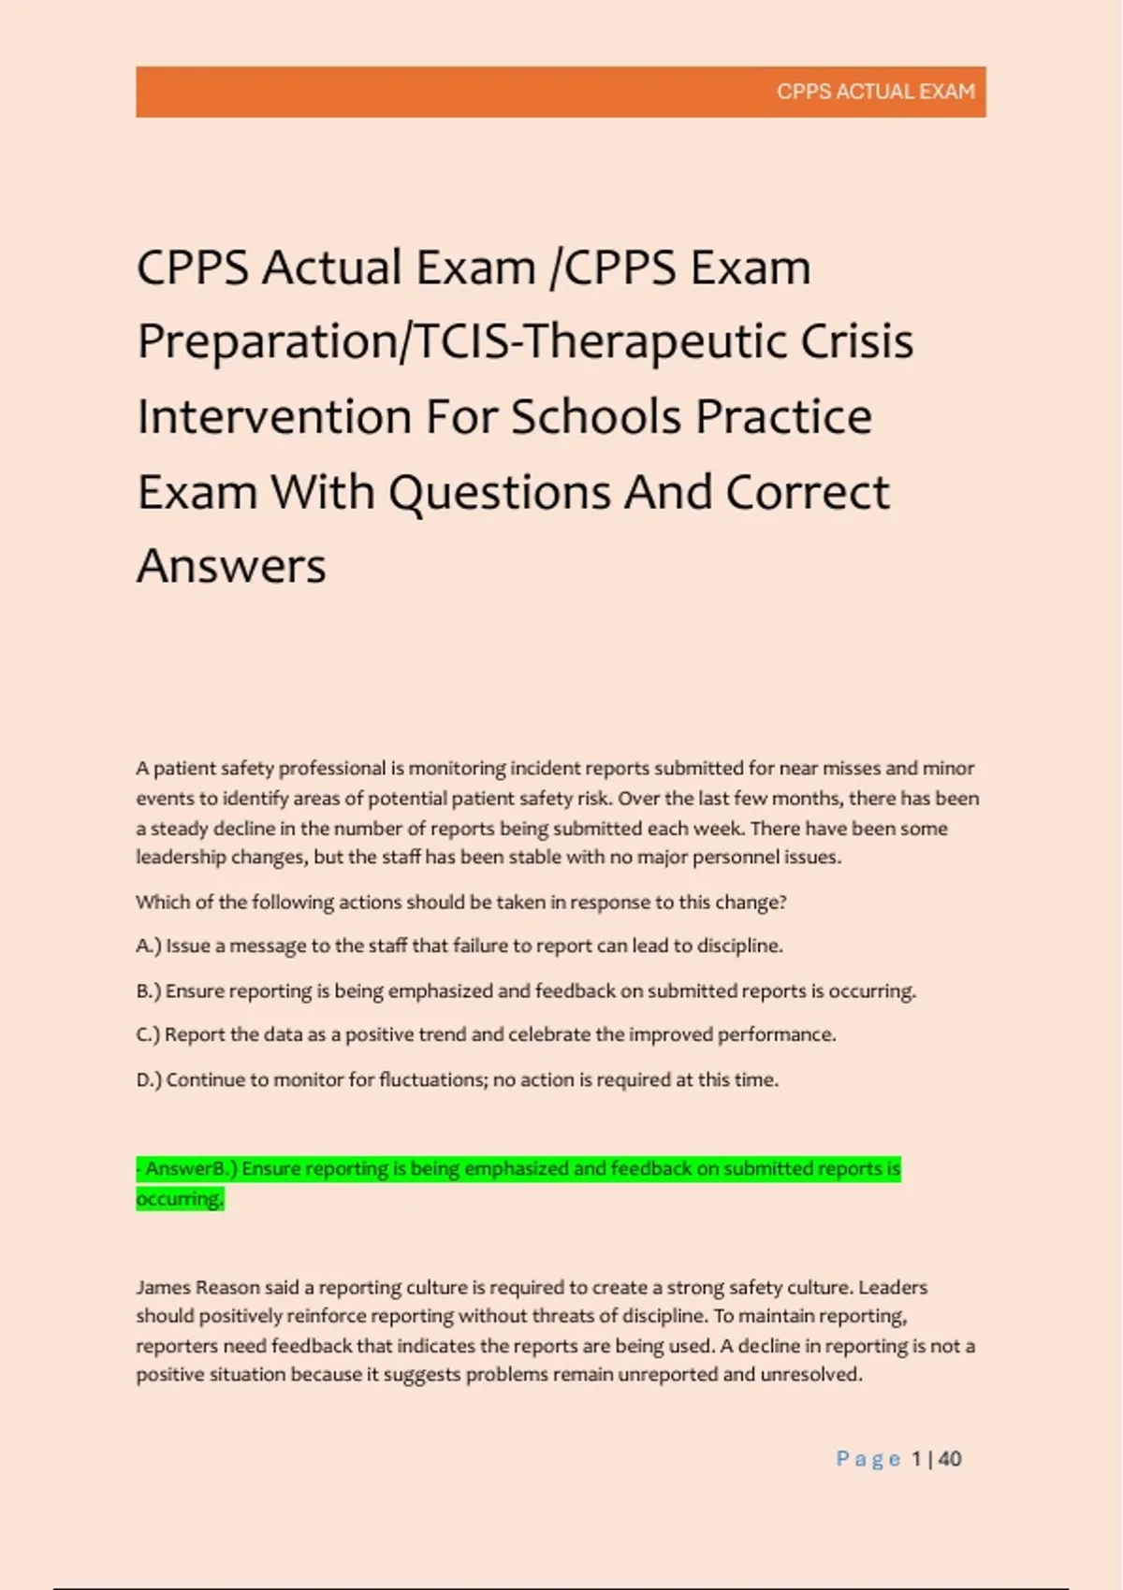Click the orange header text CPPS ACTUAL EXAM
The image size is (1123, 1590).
click(875, 92)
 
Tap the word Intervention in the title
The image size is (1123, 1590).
click(274, 416)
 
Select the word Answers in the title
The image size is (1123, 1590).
click(231, 566)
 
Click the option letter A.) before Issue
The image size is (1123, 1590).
click(149, 946)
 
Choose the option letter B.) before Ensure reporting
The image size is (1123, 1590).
click(149, 990)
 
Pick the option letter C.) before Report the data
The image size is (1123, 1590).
click(149, 1034)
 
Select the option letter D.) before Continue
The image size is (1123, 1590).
click(149, 1079)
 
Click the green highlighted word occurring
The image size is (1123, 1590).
click(180, 1198)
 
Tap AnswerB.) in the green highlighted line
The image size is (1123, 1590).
click(192, 1168)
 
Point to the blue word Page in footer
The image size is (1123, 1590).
click(868, 1459)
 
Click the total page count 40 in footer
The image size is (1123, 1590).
click(950, 1459)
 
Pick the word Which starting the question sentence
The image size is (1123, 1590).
click(160, 902)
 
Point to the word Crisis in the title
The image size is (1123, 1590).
click(856, 341)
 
